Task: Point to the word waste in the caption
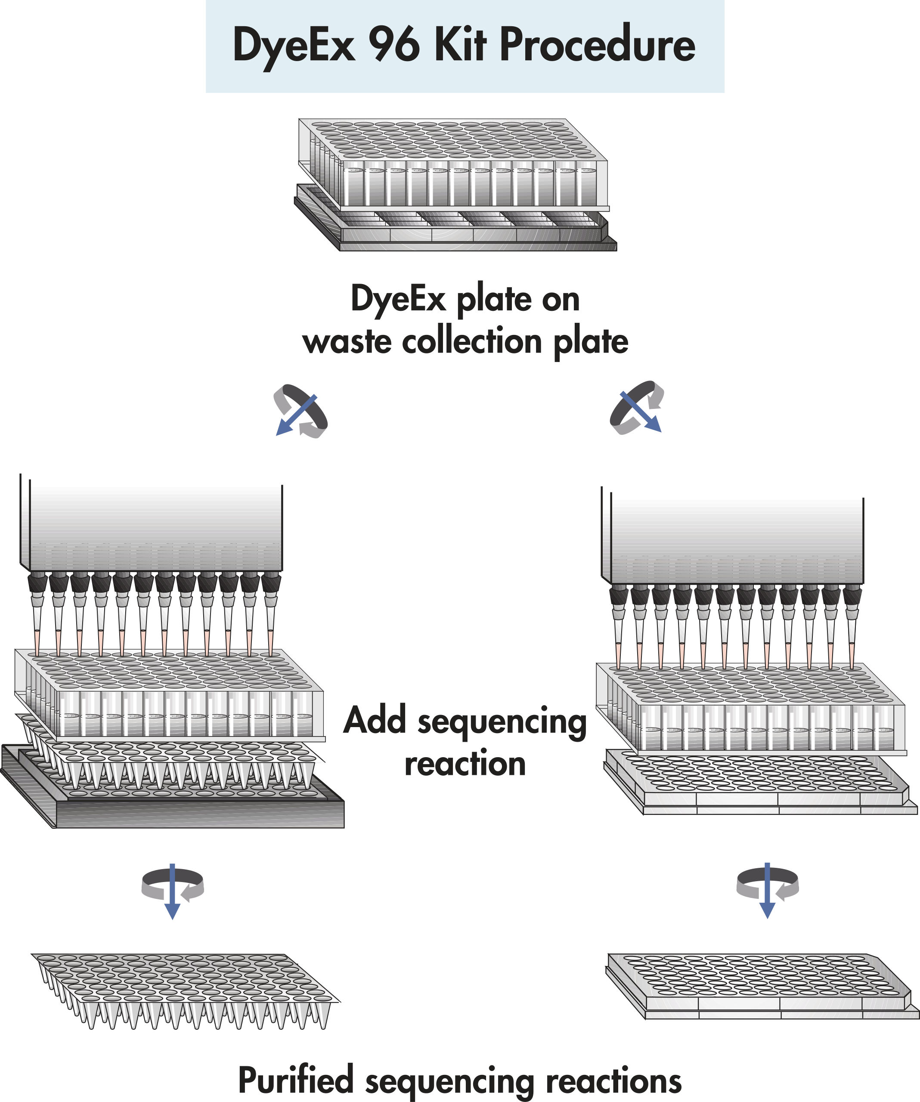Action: pos(347,342)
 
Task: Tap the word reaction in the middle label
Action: pos(465,764)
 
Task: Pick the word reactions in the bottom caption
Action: pos(613,1081)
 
